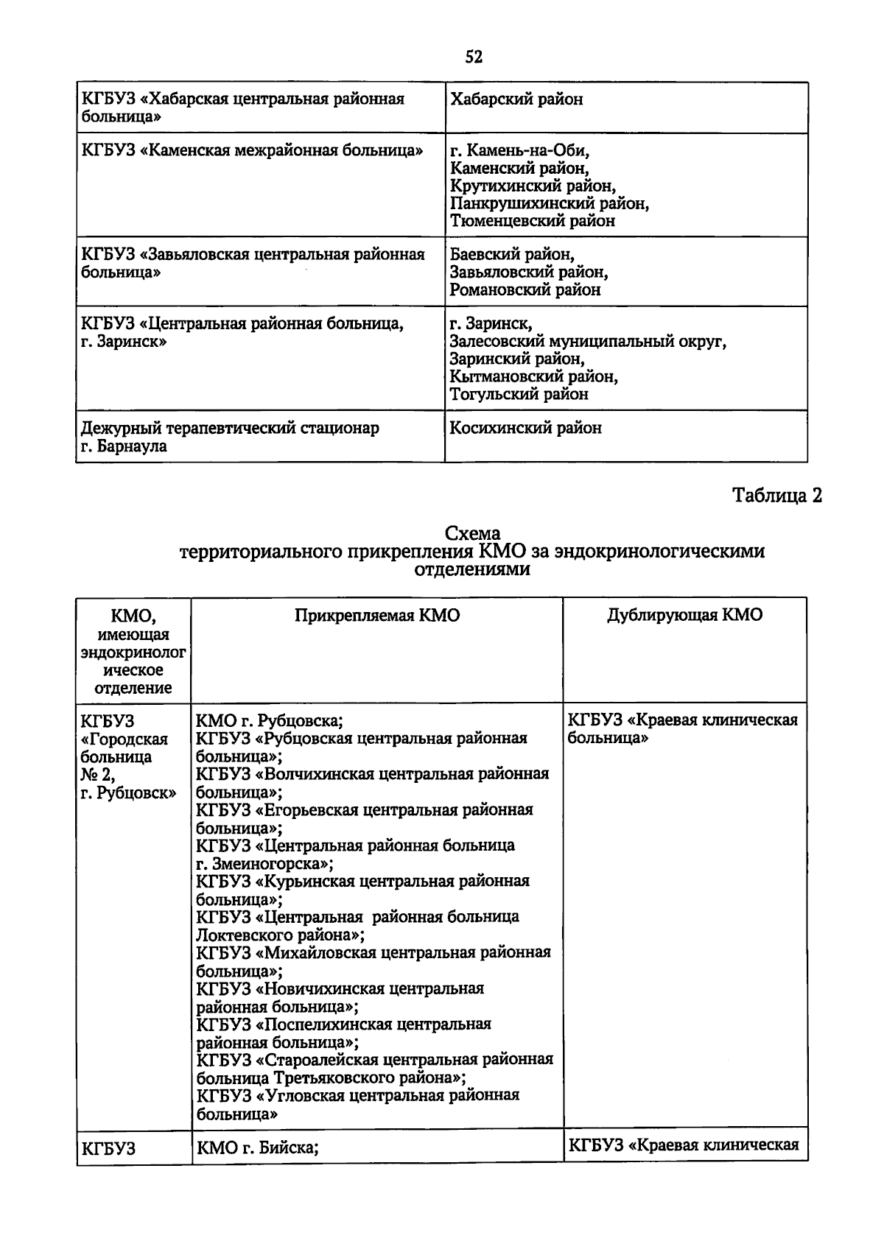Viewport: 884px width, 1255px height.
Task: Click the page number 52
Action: [474, 57]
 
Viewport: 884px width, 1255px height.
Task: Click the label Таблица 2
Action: [776, 496]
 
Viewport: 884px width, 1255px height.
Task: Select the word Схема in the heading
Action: [472, 533]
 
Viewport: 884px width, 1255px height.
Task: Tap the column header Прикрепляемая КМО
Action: [377, 616]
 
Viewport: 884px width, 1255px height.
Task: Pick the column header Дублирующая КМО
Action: [685, 616]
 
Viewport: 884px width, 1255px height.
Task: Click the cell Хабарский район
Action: [516, 99]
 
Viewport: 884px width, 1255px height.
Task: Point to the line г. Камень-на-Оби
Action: [520, 151]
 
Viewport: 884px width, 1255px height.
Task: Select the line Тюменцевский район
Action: [532, 221]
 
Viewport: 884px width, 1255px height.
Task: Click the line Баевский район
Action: [512, 255]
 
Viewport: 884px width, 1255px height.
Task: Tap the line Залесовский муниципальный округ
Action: [588, 342]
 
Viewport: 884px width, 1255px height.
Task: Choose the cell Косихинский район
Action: [525, 428]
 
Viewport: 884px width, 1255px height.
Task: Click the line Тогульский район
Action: [519, 394]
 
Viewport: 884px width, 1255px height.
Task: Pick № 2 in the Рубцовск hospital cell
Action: [97, 775]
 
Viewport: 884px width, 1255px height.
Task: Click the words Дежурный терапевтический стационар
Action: [230, 428]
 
